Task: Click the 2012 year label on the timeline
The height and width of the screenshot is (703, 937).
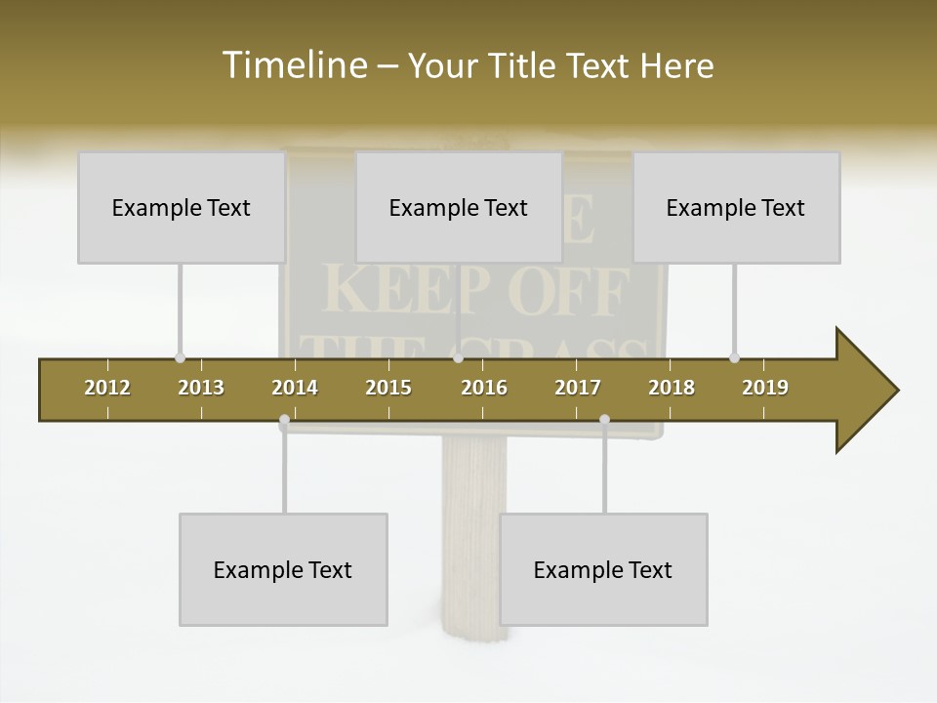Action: (x=107, y=388)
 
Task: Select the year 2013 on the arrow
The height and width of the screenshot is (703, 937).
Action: (x=201, y=388)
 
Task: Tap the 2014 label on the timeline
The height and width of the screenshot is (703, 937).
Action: (x=295, y=388)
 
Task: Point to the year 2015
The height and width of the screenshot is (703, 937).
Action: (x=388, y=388)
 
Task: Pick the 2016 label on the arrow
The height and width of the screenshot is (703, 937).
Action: (x=484, y=388)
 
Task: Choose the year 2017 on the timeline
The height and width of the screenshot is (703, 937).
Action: (x=578, y=388)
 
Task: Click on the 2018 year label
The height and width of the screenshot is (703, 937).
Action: (x=672, y=388)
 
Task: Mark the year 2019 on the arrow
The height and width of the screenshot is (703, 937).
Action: (x=765, y=388)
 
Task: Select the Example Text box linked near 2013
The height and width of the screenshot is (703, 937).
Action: (x=182, y=207)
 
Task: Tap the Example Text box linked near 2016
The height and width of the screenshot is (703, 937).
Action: (x=459, y=207)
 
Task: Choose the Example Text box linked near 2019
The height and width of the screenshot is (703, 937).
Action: (x=736, y=207)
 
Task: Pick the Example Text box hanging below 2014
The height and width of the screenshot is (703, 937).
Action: (x=283, y=569)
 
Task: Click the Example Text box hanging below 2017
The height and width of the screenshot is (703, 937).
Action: (x=603, y=569)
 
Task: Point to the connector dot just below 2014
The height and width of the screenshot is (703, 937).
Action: (x=284, y=421)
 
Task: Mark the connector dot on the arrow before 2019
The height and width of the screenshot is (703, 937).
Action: (x=734, y=357)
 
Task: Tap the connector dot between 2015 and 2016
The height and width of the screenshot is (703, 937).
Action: (x=458, y=357)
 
